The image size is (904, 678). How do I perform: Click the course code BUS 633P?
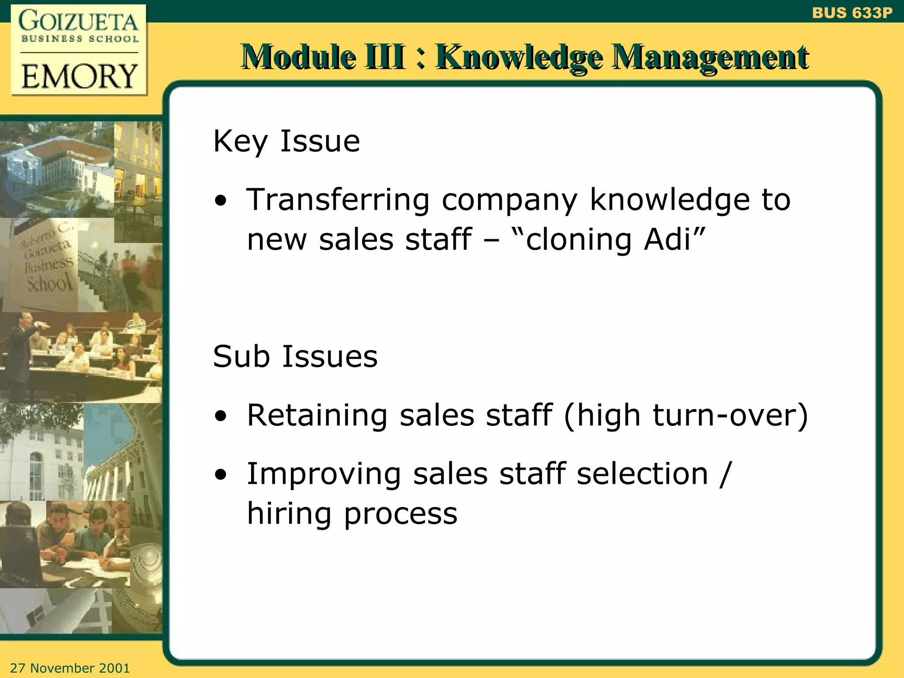point(852,13)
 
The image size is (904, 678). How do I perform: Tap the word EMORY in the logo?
point(79,76)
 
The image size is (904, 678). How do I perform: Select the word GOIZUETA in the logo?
point(79,22)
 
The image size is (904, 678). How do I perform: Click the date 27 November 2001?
point(70,668)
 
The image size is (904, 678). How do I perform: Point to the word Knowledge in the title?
point(519,57)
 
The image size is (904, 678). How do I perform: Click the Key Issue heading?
point(286,141)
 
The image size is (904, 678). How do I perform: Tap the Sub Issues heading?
point(295,356)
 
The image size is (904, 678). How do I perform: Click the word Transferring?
point(338,200)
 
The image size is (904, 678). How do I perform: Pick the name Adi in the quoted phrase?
point(667,239)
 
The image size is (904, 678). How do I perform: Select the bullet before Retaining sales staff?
point(221,416)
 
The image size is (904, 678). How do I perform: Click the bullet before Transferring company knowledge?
point(221,201)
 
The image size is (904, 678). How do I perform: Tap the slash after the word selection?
point(725,474)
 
